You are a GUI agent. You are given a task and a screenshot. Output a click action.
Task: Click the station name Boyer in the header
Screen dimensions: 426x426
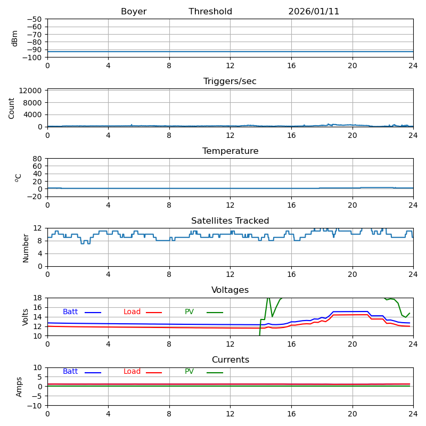pyautogui.click(x=134, y=12)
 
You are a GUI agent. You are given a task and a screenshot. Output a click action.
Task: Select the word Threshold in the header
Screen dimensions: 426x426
pyautogui.click(x=210, y=12)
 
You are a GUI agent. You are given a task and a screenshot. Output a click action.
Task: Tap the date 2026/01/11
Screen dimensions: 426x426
pyautogui.click(x=314, y=12)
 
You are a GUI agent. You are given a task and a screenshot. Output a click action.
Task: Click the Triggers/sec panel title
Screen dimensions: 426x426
pyautogui.click(x=230, y=81)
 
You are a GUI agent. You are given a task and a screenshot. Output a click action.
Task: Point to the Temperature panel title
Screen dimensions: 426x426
pyautogui.click(x=230, y=151)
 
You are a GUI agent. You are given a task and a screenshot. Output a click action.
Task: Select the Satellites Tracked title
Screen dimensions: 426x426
pyautogui.click(x=230, y=221)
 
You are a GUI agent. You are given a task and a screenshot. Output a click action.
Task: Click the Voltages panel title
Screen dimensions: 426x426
pyautogui.click(x=230, y=290)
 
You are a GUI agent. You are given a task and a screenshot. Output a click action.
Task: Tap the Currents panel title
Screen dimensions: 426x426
pyautogui.click(x=230, y=360)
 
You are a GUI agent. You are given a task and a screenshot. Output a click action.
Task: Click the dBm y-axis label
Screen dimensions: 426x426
pyautogui.click(x=15, y=38)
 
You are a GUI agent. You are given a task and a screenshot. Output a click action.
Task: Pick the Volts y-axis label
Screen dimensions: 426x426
pyautogui.click(x=26, y=317)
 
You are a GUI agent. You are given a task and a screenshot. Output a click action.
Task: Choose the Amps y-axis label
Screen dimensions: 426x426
pyautogui.click(x=20, y=387)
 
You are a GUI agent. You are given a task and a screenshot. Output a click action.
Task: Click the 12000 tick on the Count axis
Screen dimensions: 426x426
pyautogui.click(x=31, y=91)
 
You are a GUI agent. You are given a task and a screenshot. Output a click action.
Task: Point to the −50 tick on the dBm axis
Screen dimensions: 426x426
pyautogui.click(x=34, y=19)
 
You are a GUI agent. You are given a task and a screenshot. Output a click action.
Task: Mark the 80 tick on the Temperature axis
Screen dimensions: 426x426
pyautogui.click(x=38, y=159)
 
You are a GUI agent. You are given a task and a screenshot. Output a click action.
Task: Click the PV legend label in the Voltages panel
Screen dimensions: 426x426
pyautogui.click(x=190, y=312)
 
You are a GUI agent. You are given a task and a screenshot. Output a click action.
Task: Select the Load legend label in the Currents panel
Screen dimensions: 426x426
pyautogui.click(x=132, y=372)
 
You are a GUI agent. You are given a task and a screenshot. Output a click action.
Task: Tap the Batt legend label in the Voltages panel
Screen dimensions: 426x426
pyautogui.click(x=70, y=312)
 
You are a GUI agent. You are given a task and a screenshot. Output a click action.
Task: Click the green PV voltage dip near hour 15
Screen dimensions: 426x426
pyautogui.click(x=272, y=316)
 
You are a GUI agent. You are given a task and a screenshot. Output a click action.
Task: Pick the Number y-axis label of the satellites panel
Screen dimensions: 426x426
pyautogui.click(x=26, y=248)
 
